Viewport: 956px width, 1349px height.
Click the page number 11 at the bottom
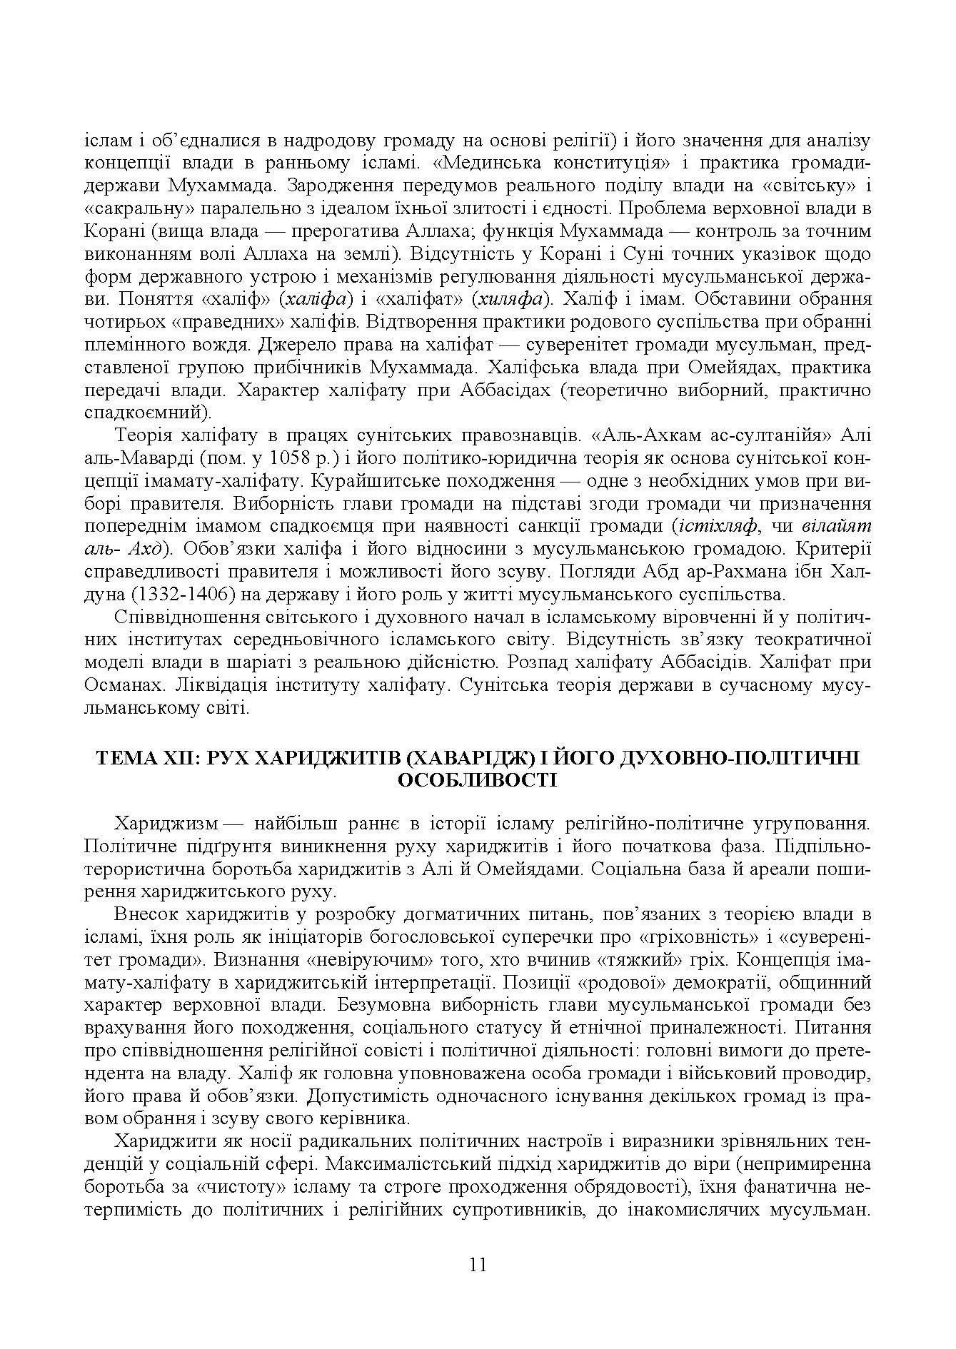click(x=478, y=1265)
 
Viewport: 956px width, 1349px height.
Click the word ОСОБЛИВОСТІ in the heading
click(x=478, y=780)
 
